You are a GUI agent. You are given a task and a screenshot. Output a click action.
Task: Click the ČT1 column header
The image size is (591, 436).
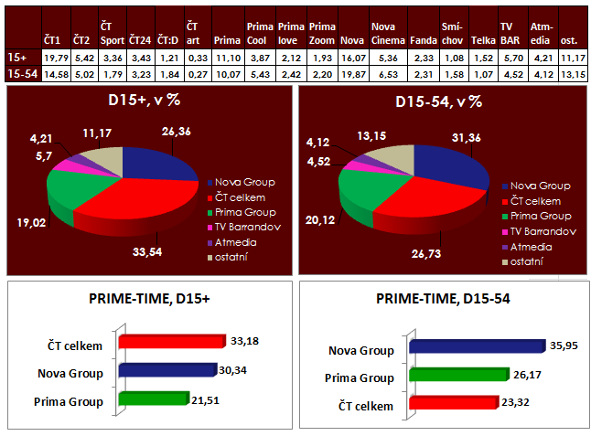(x=53, y=41)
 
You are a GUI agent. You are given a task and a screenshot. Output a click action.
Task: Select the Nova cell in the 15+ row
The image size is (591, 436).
(x=351, y=58)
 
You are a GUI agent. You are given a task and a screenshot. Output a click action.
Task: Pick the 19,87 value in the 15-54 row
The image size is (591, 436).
(x=351, y=73)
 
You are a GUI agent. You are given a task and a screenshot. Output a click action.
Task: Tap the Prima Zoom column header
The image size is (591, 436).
(x=322, y=35)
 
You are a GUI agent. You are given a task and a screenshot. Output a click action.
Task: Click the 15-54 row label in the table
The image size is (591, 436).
(x=19, y=73)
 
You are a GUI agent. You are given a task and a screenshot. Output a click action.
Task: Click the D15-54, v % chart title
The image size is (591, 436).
(x=437, y=101)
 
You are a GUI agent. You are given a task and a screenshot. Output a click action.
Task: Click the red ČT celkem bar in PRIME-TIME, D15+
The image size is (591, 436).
(x=170, y=341)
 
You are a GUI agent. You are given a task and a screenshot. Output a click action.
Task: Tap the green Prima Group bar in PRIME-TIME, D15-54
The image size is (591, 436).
(x=457, y=376)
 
